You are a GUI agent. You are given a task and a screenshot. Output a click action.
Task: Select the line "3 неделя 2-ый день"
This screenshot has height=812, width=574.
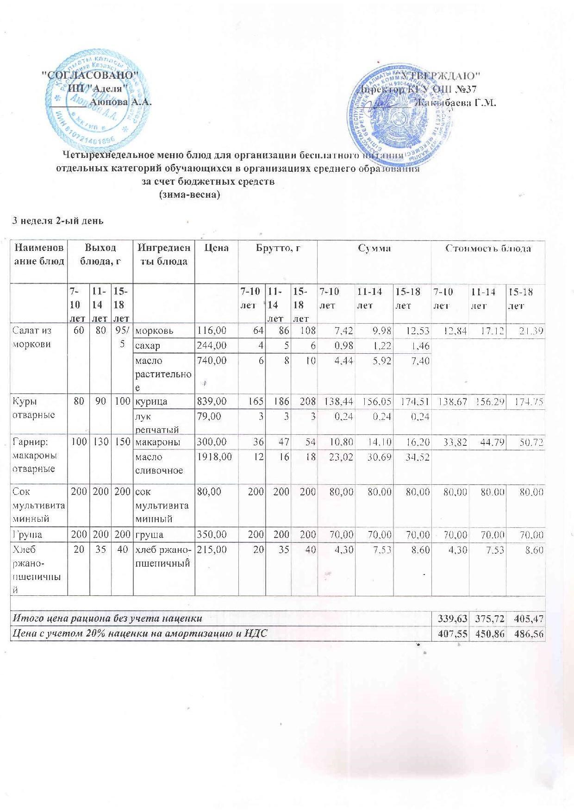coord(57,221)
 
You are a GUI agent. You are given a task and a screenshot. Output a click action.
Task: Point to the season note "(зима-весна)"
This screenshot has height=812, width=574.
coord(189,195)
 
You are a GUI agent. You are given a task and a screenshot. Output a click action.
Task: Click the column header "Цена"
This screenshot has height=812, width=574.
coord(216,248)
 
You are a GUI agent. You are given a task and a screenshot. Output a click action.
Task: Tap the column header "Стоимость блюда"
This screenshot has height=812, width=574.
coord(488,248)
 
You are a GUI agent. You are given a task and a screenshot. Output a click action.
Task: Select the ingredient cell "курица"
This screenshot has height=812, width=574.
coord(151,401)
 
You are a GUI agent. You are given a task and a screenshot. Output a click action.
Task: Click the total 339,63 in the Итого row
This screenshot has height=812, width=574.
coord(449,618)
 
